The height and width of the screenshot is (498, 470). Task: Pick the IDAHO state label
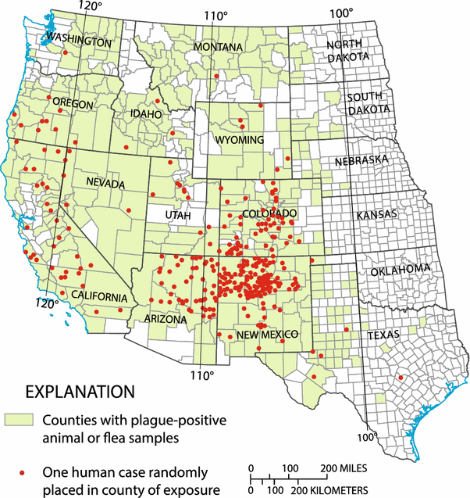[146, 114]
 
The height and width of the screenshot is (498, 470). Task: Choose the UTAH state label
[177, 214]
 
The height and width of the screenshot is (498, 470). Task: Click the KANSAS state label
[376, 214]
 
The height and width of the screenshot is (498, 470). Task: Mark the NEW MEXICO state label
[268, 334]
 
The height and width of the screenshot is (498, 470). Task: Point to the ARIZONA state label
[166, 319]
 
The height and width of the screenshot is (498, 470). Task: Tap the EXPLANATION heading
[81, 390]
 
